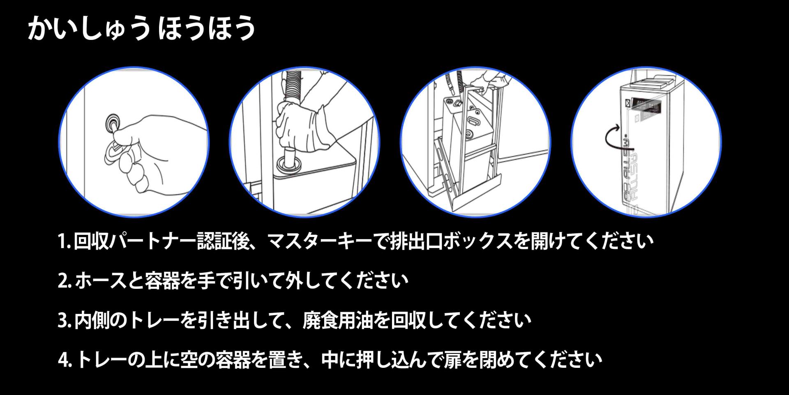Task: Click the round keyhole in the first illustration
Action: pos(112,122)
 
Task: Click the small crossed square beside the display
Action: pos(628,104)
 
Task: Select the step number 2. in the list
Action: pos(65,281)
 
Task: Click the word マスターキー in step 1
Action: pos(321,242)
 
